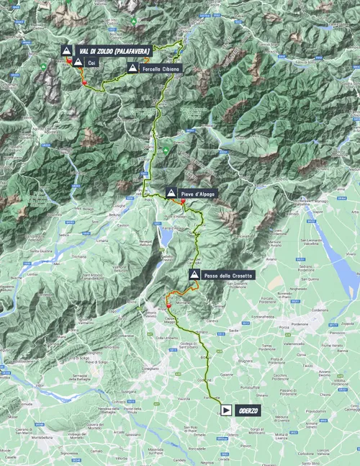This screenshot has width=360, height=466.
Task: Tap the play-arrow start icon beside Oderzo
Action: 226,410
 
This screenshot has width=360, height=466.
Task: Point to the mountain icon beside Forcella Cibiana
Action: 133,68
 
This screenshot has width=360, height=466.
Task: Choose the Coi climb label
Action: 91,63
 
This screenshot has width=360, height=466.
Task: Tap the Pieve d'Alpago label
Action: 198,192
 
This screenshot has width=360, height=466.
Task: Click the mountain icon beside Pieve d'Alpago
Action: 171,192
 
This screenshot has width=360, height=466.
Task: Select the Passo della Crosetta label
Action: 220,274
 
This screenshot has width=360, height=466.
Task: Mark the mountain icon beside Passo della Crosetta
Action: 194,274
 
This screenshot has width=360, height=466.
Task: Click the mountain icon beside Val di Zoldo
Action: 66,50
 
